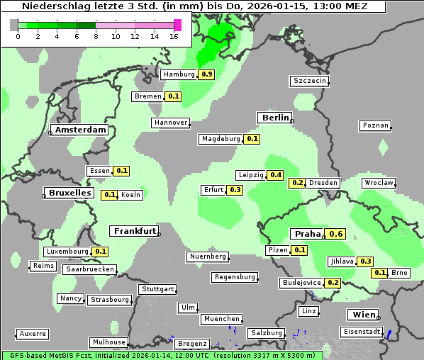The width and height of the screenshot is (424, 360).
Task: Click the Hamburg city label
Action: click(178, 74)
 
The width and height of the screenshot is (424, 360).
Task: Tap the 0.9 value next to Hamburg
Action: click(206, 74)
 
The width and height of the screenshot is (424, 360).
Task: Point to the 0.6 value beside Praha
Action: click(336, 235)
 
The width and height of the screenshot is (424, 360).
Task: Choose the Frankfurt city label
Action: click(135, 231)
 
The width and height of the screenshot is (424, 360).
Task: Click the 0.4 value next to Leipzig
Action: click(275, 175)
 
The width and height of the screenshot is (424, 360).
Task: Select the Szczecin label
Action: click(310, 81)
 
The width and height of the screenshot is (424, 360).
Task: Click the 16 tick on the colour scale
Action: click(174, 37)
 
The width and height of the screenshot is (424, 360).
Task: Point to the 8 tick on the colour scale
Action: click(96, 37)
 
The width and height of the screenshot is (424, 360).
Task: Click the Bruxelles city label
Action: click(69, 193)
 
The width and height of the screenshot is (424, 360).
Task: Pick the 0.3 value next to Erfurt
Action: click(235, 190)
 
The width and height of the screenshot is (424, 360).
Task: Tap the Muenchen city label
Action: click(221, 319)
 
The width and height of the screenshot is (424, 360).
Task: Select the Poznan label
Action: click(376, 125)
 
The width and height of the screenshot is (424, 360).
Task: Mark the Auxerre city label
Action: click(33, 333)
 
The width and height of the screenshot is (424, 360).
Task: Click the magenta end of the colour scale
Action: click(177, 25)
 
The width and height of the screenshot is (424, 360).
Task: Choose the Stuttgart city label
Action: click(157, 289)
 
